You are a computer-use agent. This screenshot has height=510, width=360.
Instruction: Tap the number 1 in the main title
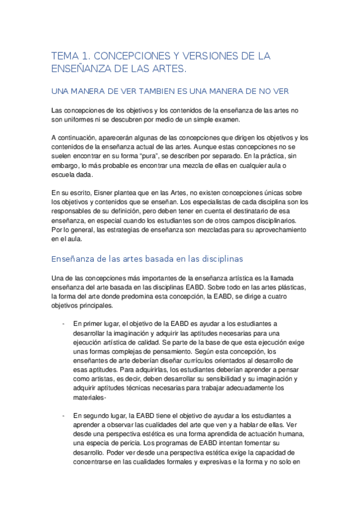[86, 56]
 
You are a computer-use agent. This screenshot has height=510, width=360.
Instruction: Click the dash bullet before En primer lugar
[63, 324]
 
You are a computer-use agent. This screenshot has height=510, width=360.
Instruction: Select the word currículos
[175, 360]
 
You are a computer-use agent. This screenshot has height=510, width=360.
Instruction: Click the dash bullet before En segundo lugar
[63, 415]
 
